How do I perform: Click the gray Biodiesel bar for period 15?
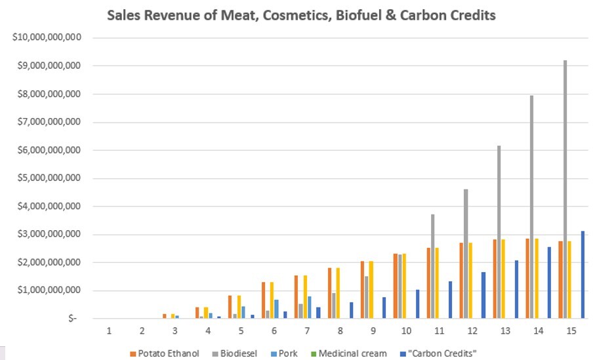point(565,189)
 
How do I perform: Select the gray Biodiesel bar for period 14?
point(531,207)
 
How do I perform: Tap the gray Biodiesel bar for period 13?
point(499,231)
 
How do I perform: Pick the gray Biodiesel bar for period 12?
point(466,254)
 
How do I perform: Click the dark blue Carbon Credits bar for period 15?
point(583,274)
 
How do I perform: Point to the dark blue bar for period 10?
point(417,304)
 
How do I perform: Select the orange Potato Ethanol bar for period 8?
point(330,293)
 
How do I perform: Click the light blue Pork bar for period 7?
point(310,307)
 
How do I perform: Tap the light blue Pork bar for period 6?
point(276,309)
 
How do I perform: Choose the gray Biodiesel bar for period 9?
point(366,297)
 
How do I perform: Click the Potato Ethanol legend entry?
point(165,353)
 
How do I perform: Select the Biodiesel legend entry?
point(235,353)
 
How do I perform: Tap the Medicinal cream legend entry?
point(349,353)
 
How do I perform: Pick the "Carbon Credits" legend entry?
point(438,353)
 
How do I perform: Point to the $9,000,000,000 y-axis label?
point(49,66)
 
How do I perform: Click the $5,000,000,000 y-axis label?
point(49,178)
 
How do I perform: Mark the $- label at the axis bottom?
point(72,318)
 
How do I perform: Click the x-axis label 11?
point(439,330)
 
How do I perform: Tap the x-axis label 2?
point(142,330)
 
